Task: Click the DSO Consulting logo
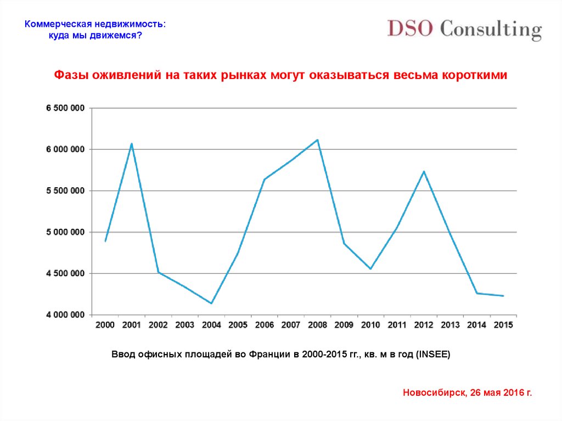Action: pos(464,29)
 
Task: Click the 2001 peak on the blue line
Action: pos(132,144)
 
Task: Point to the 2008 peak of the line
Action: pos(318,140)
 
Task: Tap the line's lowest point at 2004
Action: pos(211,303)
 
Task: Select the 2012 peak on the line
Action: pos(424,171)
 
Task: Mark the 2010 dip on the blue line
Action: pos(370,268)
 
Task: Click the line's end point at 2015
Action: pos(503,296)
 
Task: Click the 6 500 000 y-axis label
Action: pos(65,108)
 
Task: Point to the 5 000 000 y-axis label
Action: pos(65,232)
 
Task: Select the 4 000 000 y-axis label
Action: pos(65,315)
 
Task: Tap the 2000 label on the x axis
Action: pos(105,325)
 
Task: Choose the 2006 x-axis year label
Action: pos(265,325)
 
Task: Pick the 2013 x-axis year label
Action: pos(450,325)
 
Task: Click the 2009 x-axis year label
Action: pos(344,325)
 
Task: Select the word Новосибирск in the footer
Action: pos(434,392)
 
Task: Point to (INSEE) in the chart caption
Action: pos(433,355)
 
